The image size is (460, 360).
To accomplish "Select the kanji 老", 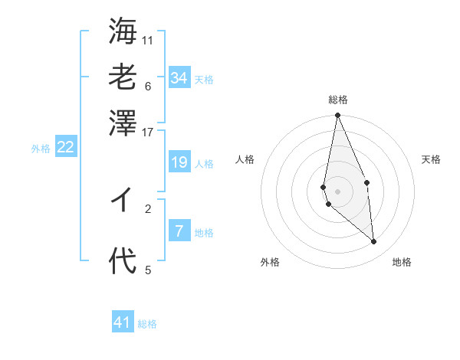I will (x=123, y=76).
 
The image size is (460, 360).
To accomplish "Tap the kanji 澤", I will (x=123, y=121).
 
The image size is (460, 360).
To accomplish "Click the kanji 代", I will (x=123, y=262).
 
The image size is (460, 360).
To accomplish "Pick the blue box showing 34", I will (x=179, y=77).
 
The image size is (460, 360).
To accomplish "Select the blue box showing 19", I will (x=179, y=162).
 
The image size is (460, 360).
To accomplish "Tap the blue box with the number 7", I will (x=179, y=231).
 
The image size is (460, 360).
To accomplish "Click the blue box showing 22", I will (x=65, y=147).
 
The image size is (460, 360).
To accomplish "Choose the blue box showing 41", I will (x=123, y=322).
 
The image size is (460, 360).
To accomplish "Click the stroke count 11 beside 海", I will (x=148, y=40).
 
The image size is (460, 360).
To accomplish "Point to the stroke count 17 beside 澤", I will (x=148, y=131).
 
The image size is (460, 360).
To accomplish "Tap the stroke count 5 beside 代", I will (x=148, y=270).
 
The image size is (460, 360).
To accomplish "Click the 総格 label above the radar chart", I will (x=338, y=100).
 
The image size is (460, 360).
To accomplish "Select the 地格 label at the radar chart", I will (x=402, y=262).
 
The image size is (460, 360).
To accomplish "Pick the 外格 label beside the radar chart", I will (x=270, y=262).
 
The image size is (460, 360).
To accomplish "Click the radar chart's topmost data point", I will (x=337, y=116).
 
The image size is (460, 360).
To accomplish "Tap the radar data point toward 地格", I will (x=374, y=241).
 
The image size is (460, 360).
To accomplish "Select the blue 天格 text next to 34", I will (x=204, y=80).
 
